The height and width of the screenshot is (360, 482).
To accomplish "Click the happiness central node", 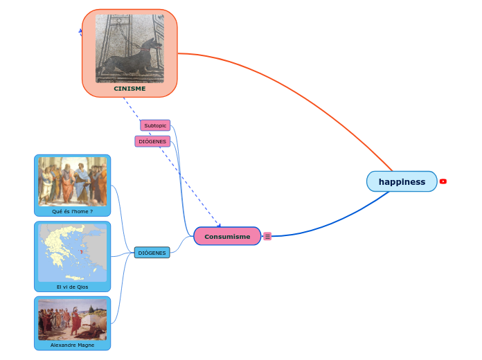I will click(x=402, y=181).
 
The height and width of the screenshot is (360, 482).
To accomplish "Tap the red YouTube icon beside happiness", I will click(x=443, y=181).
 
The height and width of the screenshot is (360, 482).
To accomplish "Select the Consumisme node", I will click(x=227, y=236).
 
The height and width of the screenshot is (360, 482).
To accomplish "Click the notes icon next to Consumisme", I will click(x=267, y=236).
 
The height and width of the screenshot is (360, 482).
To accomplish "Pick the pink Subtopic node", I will click(x=155, y=125).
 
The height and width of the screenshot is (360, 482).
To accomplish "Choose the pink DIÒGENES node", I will click(x=152, y=141).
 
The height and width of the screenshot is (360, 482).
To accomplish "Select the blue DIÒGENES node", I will click(x=152, y=253).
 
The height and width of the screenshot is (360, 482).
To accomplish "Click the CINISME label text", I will click(x=130, y=89).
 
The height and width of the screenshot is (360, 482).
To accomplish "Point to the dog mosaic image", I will click(x=130, y=48).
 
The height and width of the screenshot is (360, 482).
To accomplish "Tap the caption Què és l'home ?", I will click(x=72, y=211).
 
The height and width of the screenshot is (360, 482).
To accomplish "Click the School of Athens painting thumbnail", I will click(x=72, y=181).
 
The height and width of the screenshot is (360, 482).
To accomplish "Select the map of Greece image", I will click(x=72, y=252).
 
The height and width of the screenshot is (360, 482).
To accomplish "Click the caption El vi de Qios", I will click(x=72, y=287).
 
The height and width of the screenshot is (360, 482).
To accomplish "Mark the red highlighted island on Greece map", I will click(x=81, y=252).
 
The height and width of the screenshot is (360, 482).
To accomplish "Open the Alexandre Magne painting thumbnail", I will click(x=72, y=319).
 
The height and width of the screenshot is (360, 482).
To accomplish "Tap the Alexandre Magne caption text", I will click(x=72, y=345).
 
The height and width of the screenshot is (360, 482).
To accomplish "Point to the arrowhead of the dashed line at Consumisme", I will click(x=218, y=224).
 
